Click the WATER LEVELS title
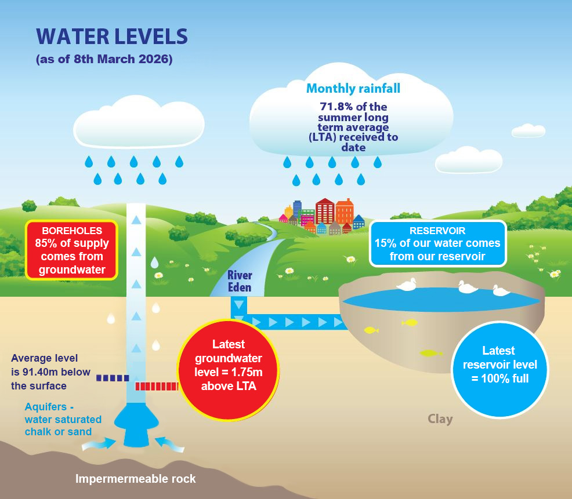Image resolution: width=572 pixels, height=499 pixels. coord(112,37)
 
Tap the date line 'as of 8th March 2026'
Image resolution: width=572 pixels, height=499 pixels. coord(104,60)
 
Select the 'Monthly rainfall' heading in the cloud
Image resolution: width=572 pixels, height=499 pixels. coord(353,89)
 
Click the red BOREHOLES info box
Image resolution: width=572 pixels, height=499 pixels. coord(72,250)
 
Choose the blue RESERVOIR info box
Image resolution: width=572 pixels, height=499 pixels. coord(437,243)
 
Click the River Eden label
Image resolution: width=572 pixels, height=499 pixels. coord(239,280)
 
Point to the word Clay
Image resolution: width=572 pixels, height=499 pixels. coord(440,418)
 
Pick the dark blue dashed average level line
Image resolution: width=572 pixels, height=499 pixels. coord(113,378)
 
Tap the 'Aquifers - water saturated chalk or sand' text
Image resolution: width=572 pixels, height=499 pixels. coord(63,419)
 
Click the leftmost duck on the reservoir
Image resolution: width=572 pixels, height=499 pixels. coord(406,284)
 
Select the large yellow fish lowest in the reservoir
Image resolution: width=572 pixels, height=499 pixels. coord(430,352)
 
